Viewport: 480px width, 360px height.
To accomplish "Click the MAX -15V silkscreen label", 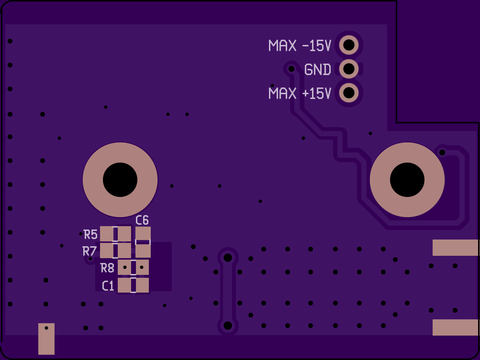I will [300, 46].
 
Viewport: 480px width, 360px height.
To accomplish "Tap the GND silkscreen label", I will [318, 70].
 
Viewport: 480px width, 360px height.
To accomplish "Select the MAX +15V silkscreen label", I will [300, 93].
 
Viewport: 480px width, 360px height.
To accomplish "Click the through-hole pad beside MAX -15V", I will [349, 45].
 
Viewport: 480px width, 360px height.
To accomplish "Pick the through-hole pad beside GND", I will [349, 69].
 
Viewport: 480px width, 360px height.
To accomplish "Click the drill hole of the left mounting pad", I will [120, 180].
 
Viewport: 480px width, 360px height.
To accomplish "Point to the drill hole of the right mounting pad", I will [407, 180].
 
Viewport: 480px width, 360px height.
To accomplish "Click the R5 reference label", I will [90, 235].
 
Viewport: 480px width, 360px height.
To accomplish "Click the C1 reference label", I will [108, 286].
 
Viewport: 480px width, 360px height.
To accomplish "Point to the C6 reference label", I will [142, 220].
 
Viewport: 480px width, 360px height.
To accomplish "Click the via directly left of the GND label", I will [291, 69].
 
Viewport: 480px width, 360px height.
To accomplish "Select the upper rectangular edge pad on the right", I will [455, 248].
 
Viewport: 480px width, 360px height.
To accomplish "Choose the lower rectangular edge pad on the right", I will [455, 327].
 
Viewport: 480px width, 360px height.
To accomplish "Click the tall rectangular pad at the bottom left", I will [46, 338].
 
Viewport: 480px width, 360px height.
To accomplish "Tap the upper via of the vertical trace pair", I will [228, 258].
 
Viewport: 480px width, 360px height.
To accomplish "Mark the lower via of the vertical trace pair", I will [228, 326].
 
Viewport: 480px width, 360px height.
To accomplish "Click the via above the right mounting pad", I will [442, 153].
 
